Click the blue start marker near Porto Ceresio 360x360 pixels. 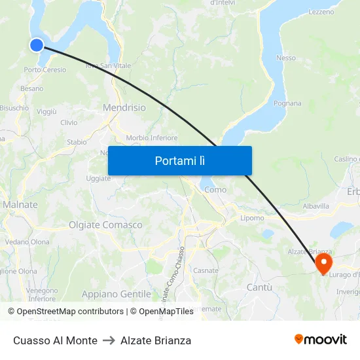(37, 45)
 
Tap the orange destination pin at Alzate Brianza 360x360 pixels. (323, 263)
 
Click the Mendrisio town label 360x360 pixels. (124, 107)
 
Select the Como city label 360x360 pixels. (215, 190)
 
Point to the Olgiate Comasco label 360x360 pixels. (105, 225)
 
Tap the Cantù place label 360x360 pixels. (259, 287)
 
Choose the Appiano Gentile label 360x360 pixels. (116, 294)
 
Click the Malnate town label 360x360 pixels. (20, 205)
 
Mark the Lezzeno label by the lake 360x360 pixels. (321, 12)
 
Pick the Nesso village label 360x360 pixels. (286, 58)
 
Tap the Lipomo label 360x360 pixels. (252, 218)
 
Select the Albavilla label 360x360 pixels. (316, 206)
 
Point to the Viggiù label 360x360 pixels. (46, 112)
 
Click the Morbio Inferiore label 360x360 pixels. (152, 138)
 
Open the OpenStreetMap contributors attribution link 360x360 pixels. (70, 312)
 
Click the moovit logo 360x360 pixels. (320, 340)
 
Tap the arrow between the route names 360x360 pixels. (109, 340)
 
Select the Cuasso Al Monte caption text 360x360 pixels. (55, 340)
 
